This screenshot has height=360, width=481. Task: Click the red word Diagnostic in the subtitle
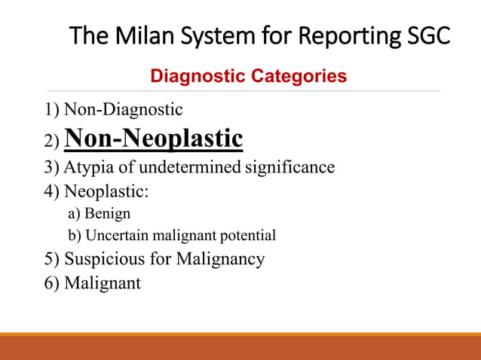pyautogui.click(x=190, y=76)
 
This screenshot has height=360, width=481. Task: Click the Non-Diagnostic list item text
pyautogui.click(x=123, y=110)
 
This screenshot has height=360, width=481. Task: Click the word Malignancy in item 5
pyautogui.click(x=220, y=260)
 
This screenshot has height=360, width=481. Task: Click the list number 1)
pyautogui.click(x=52, y=110)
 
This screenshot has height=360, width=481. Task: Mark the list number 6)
pyautogui.click(x=52, y=283)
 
